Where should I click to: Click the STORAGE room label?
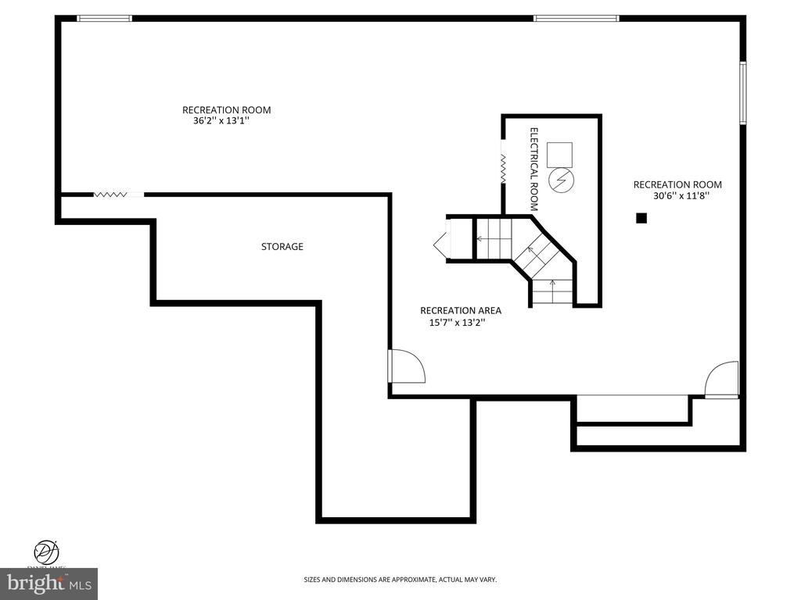tap(282, 247)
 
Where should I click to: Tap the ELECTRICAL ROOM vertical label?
tap(534, 170)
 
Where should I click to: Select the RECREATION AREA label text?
tap(460, 310)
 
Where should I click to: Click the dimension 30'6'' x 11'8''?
tap(677, 197)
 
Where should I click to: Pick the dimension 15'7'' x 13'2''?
tap(458, 323)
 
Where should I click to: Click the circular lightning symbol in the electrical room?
tap(560, 181)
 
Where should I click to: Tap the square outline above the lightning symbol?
tap(559, 155)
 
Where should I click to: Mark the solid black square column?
tap(641, 219)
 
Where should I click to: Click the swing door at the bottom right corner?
tap(722, 380)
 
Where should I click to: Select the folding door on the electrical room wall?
tap(503, 169)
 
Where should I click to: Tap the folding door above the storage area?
tap(110, 195)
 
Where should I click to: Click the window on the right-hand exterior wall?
tap(743, 93)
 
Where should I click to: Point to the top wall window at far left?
tap(104, 18)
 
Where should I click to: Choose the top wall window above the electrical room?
tap(577, 18)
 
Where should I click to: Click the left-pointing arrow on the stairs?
tap(481, 239)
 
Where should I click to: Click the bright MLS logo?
tap(48, 584)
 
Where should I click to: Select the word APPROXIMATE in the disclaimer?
tap(400, 580)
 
